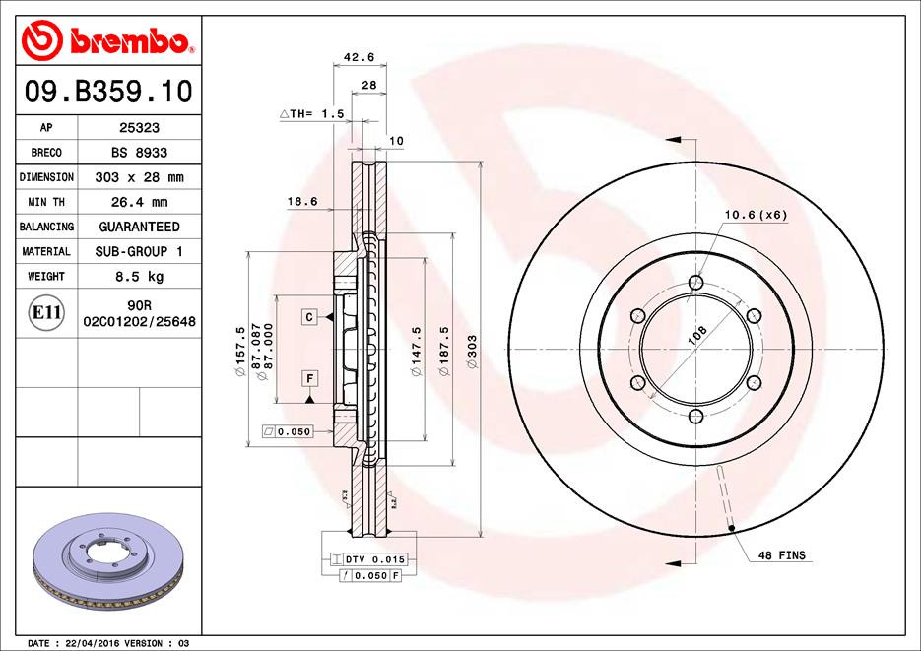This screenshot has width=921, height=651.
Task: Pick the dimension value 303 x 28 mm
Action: (140, 177)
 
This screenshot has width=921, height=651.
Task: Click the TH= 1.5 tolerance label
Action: (313, 114)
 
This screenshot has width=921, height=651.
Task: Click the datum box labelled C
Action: (308, 316)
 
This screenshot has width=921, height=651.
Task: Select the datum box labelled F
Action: (308, 379)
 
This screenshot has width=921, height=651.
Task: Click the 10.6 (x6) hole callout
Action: (756, 213)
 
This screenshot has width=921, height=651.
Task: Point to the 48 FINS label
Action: (781, 555)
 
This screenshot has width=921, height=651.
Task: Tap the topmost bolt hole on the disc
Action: (697, 284)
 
